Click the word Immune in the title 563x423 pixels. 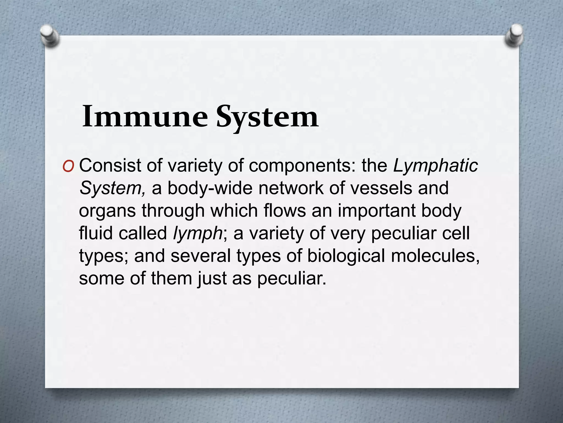[145, 117]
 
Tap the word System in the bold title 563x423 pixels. [267, 118]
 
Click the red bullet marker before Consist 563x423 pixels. [68, 166]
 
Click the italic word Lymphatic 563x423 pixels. [436, 166]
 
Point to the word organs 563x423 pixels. [107, 211]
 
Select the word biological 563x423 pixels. [346, 256]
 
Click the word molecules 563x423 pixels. [435, 256]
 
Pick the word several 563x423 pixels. [201, 256]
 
